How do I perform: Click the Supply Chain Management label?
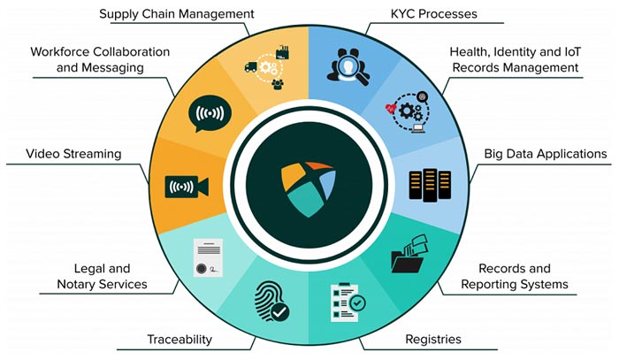coord(177,14)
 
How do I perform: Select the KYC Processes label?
coord(434,14)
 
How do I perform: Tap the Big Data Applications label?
coord(546,154)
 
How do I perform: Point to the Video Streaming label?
coord(73,154)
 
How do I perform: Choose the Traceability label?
coord(180,339)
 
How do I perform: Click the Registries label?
coord(433,339)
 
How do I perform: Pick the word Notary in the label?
coord(77,284)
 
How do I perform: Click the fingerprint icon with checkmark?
coord(272,301)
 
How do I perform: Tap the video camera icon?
coord(187,187)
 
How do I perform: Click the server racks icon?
coord(430,185)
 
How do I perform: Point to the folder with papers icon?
coord(409,254)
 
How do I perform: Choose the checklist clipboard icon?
coord(348,303)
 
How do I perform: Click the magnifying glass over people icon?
coord(348,66)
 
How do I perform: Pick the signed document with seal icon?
coord(208,257)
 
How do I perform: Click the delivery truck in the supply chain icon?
coord(250,67)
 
